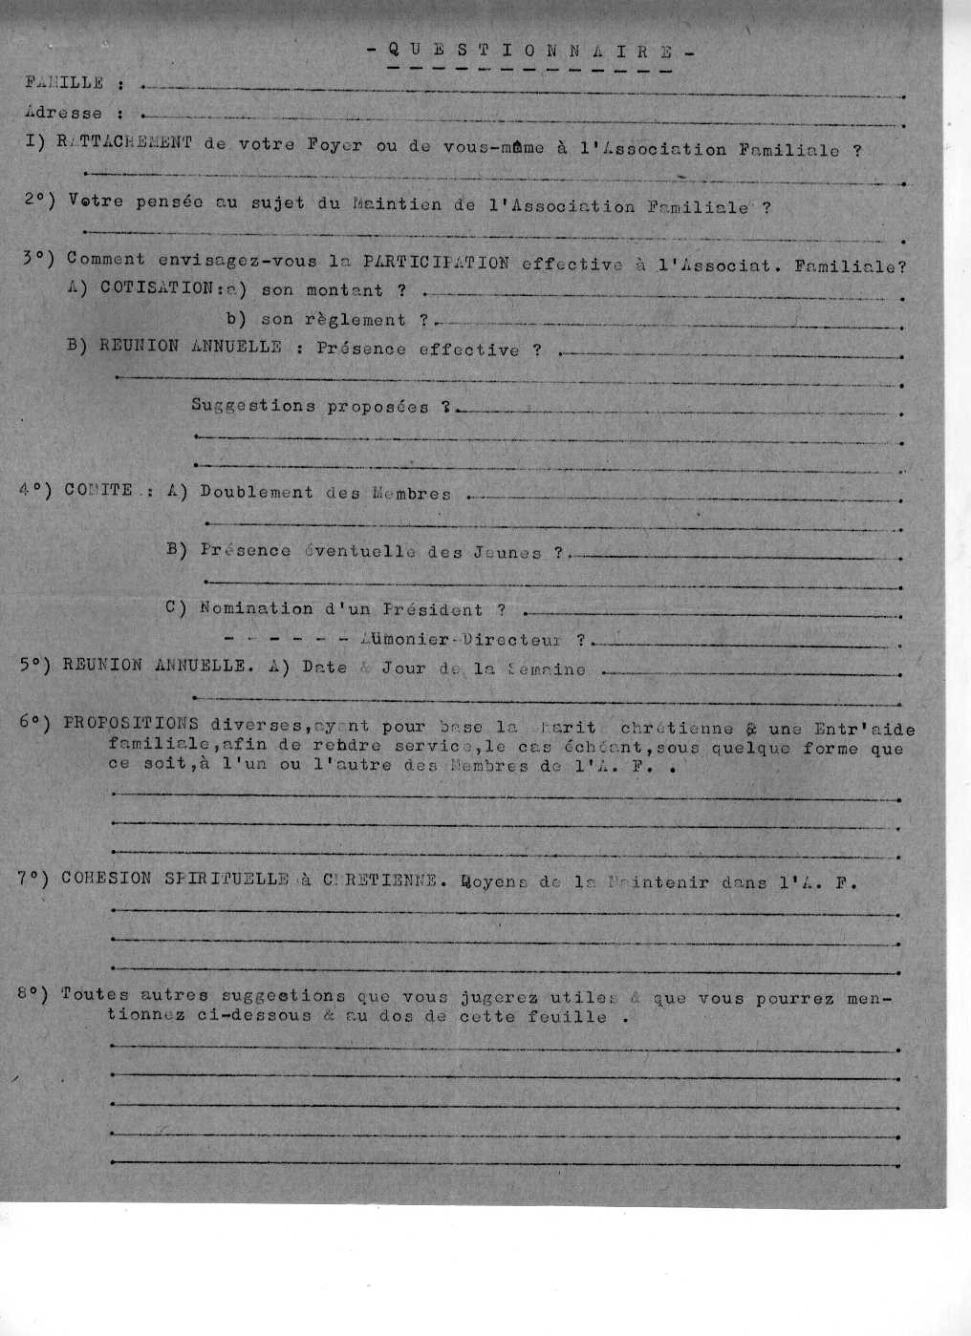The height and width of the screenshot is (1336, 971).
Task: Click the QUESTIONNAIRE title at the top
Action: coord(531,52)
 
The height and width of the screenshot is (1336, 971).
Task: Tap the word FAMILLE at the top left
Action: coord(64,83)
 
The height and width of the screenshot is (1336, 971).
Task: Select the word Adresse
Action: coord(64,113)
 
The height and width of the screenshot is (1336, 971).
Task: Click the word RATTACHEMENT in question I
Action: coord(124,142)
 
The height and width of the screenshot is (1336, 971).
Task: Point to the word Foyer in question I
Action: coord(334,145)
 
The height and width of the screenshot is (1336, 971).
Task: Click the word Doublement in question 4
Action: coord(256,493)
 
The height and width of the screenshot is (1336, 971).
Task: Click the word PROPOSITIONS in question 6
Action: coord(131,723)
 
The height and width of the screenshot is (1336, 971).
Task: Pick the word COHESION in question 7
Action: coord(105,878)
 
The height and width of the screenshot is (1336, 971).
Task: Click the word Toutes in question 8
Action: coord(94,994)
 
